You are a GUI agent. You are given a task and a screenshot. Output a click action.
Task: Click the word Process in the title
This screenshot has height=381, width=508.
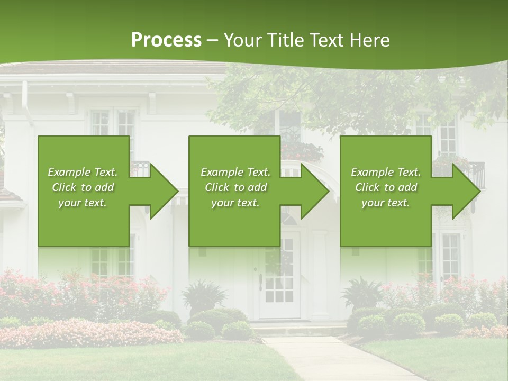(x=166, y=40)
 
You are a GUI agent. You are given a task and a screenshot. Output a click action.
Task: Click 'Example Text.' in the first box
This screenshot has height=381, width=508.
(x=83, y=172)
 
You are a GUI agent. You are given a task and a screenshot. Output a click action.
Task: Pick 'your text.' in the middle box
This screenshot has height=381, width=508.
(x=235, y=203)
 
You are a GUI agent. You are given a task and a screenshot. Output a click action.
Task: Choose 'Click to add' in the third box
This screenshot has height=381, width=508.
(x=386, y=187)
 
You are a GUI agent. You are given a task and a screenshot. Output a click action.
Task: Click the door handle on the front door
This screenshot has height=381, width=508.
(x=260, y=282)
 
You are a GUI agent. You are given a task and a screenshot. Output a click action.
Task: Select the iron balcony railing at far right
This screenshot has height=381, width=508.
(x=476, y=174)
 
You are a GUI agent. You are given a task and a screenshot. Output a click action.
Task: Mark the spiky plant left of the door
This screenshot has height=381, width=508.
(x=204, y=294)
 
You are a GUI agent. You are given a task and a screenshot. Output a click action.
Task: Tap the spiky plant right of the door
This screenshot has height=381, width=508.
(x=362, y=291)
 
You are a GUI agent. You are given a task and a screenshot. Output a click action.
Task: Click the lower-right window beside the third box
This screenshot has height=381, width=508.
(x=450, y=257)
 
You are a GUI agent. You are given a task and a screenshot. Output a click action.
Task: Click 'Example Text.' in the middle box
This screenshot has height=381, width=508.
(x=235, y=172)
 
